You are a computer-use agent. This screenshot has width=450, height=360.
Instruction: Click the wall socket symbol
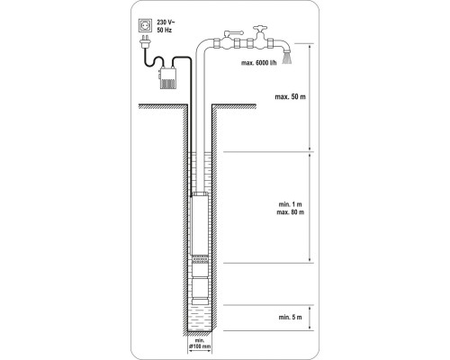(146, 25)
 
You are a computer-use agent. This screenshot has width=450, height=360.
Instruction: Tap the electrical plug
(146, 42)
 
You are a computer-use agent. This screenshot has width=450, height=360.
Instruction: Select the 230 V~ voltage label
(166, 22)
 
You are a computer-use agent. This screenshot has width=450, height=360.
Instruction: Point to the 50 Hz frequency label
(165, 31)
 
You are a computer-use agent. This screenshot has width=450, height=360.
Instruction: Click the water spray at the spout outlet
(287, 58)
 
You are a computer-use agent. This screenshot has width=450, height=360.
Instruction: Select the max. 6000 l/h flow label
(259, 63)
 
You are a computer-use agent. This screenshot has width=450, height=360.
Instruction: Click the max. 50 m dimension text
(291, 97)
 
